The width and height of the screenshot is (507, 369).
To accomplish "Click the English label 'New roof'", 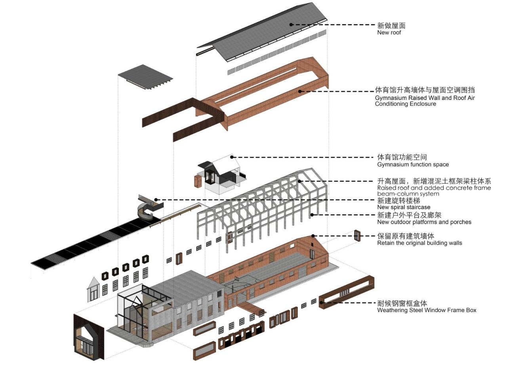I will pyautogui.click(x=389, y=32).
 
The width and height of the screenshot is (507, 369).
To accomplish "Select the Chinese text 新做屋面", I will pyautogui.click(x=391, y=25).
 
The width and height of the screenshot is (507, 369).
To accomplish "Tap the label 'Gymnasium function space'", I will pyautogui.click(x=413, y=164).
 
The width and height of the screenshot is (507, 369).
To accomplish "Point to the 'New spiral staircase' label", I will pyautogui.click(x=403, y=207).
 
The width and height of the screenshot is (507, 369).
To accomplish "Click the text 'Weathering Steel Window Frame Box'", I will pyautogui.click(x=426, y=310).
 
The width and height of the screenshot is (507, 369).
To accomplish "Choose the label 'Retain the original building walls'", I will pyautogui.click(x=419, y=243).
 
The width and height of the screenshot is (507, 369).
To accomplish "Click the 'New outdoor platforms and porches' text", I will pyautogui.click(x=424, y=222).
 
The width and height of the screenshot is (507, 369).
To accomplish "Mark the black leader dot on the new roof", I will pyautogui.click(x=291, y=25).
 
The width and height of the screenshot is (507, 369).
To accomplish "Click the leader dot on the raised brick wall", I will pyautogui.click(x=300, y=91).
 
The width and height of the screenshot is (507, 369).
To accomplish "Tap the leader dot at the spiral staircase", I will pyautogui.click(x=156, y=200).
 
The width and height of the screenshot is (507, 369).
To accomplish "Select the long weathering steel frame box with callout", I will pyautogui.click(x=347, y=292).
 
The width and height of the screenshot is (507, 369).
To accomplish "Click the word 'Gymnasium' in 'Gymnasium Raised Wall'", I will pyautogui.click(x=391, y=98).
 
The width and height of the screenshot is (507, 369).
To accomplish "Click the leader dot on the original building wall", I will pyautogui.click(x=313, y=236).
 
